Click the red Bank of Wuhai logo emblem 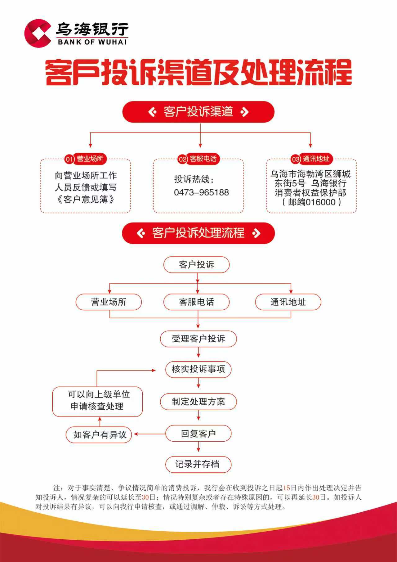point(38,33)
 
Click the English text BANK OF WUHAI point(92,42)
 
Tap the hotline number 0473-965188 point(201,192)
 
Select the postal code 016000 point(320,202)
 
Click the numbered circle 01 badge point(69,159)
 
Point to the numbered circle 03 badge point(295,159)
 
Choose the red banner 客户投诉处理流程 point(198,233)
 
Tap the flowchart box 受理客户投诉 point(198,339)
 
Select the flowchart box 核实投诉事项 point(198,369)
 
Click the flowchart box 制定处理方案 point(198,402)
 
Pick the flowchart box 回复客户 point(198,434)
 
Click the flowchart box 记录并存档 point(198,464)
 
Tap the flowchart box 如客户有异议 point(99,434)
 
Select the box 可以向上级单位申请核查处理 point(98,401)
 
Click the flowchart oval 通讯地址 point(288,302)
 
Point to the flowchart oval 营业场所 point(109,302)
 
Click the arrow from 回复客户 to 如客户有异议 point(150,434)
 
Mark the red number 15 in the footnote point(286,488)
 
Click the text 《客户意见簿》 point(85,199)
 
